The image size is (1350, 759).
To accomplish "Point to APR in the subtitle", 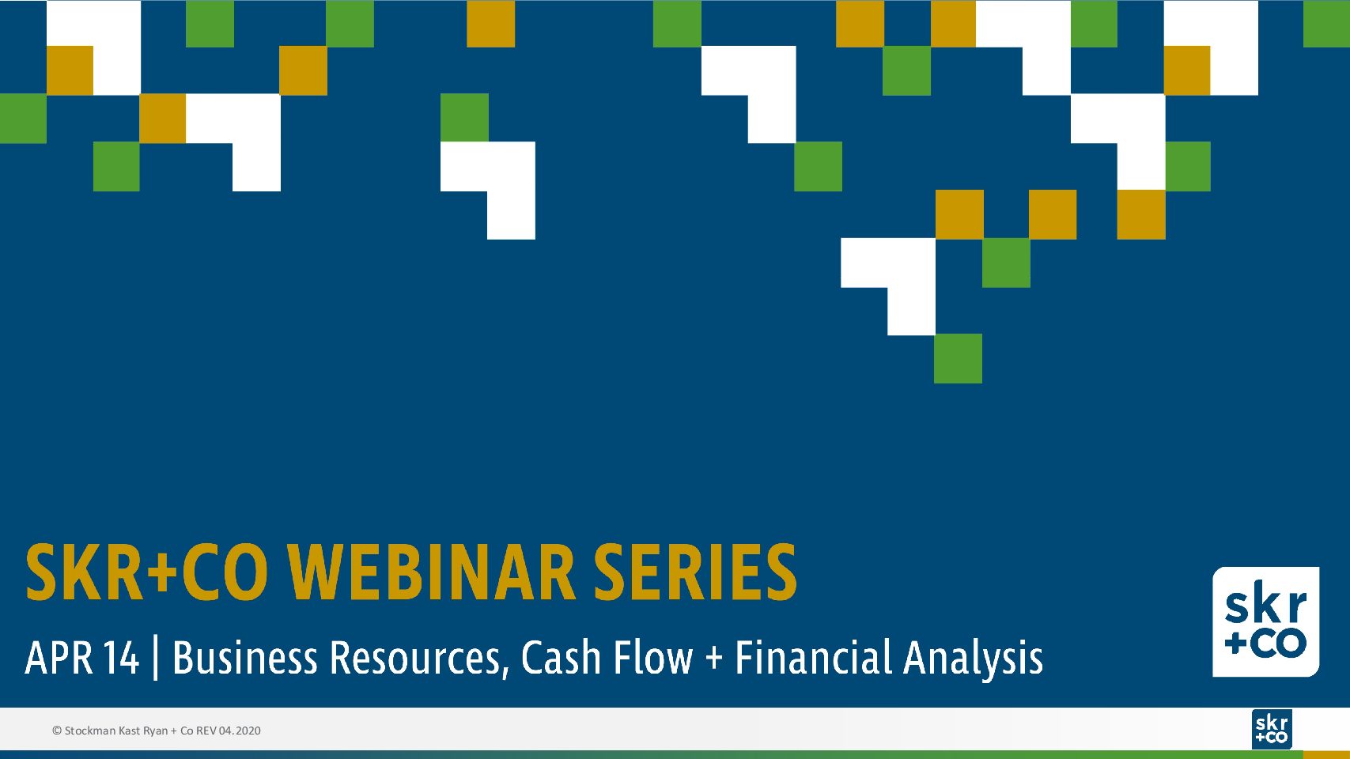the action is (59, 658).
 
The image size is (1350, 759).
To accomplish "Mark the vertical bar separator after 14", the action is (156, 659).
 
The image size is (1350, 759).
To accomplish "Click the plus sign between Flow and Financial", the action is (713, 659).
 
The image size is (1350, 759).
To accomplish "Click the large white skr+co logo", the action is (1265, 621).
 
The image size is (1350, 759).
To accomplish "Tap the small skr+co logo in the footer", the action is (1272, 729).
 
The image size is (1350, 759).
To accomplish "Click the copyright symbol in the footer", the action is (57, 731).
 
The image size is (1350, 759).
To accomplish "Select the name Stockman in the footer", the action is (90, 731).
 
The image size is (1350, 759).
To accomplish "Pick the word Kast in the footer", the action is (130, 731).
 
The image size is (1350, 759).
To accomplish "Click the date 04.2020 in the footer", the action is (240, 731).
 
